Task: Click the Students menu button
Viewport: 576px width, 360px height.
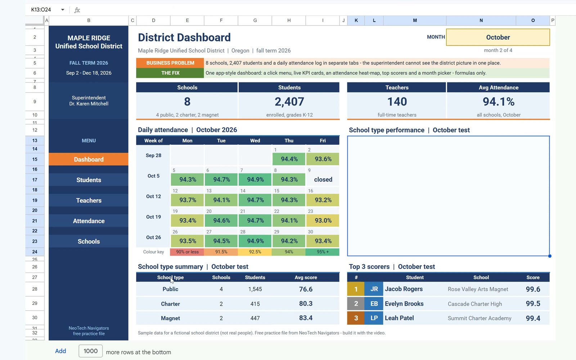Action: click(x=89, y=180)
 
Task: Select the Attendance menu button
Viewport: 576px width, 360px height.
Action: click(x=89, y=221)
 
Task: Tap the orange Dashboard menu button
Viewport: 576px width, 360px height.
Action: click(x=89, y=159)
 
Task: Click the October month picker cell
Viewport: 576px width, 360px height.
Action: click(x=498, y=37)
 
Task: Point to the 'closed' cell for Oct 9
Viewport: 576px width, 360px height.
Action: click(x=323, y=180)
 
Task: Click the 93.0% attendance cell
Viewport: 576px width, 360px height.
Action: click(x=323, y=220)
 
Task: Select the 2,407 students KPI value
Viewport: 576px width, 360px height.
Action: click(x=289, y=102)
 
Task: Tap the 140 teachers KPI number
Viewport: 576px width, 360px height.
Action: click(x=397, y=102)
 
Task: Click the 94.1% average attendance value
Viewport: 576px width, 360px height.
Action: click(x=498, y=102)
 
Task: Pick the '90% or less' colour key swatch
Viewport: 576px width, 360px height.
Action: click(x=187, y=252)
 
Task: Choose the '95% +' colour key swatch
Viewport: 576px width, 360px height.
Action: click(x=323, y=252)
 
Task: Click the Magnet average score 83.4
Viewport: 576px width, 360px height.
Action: click(x=306, y=318)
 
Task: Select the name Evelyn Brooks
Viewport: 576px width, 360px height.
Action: click(x=404, y=304)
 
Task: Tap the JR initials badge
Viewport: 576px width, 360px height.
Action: click(x=374, y=289)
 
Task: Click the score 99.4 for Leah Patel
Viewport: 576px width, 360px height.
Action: click(x=533, y=318)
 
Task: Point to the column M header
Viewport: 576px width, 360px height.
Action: click(x=415, y=20)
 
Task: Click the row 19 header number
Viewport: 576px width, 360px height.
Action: click(x=35, y=200)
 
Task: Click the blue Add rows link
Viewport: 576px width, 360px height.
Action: click(x=60, y=351)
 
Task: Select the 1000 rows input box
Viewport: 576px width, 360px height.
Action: click(x=90, y=351)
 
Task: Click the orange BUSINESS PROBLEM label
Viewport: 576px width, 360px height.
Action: click(x=170, y=63)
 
